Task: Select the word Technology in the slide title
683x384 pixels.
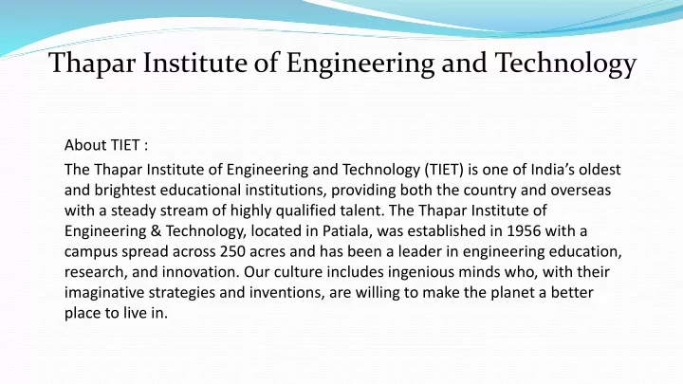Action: (565, 64)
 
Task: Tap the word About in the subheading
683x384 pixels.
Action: (85, 144)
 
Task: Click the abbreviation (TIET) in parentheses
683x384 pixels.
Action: (443, 170)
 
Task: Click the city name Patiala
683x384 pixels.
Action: (347, 230)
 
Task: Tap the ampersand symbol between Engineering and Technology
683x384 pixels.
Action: (156, 230)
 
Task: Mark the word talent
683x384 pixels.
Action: (362, 210)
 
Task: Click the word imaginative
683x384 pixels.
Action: (104, 292)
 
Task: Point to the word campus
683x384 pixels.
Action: (91, 252)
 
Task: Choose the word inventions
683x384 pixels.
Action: (287, 292)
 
